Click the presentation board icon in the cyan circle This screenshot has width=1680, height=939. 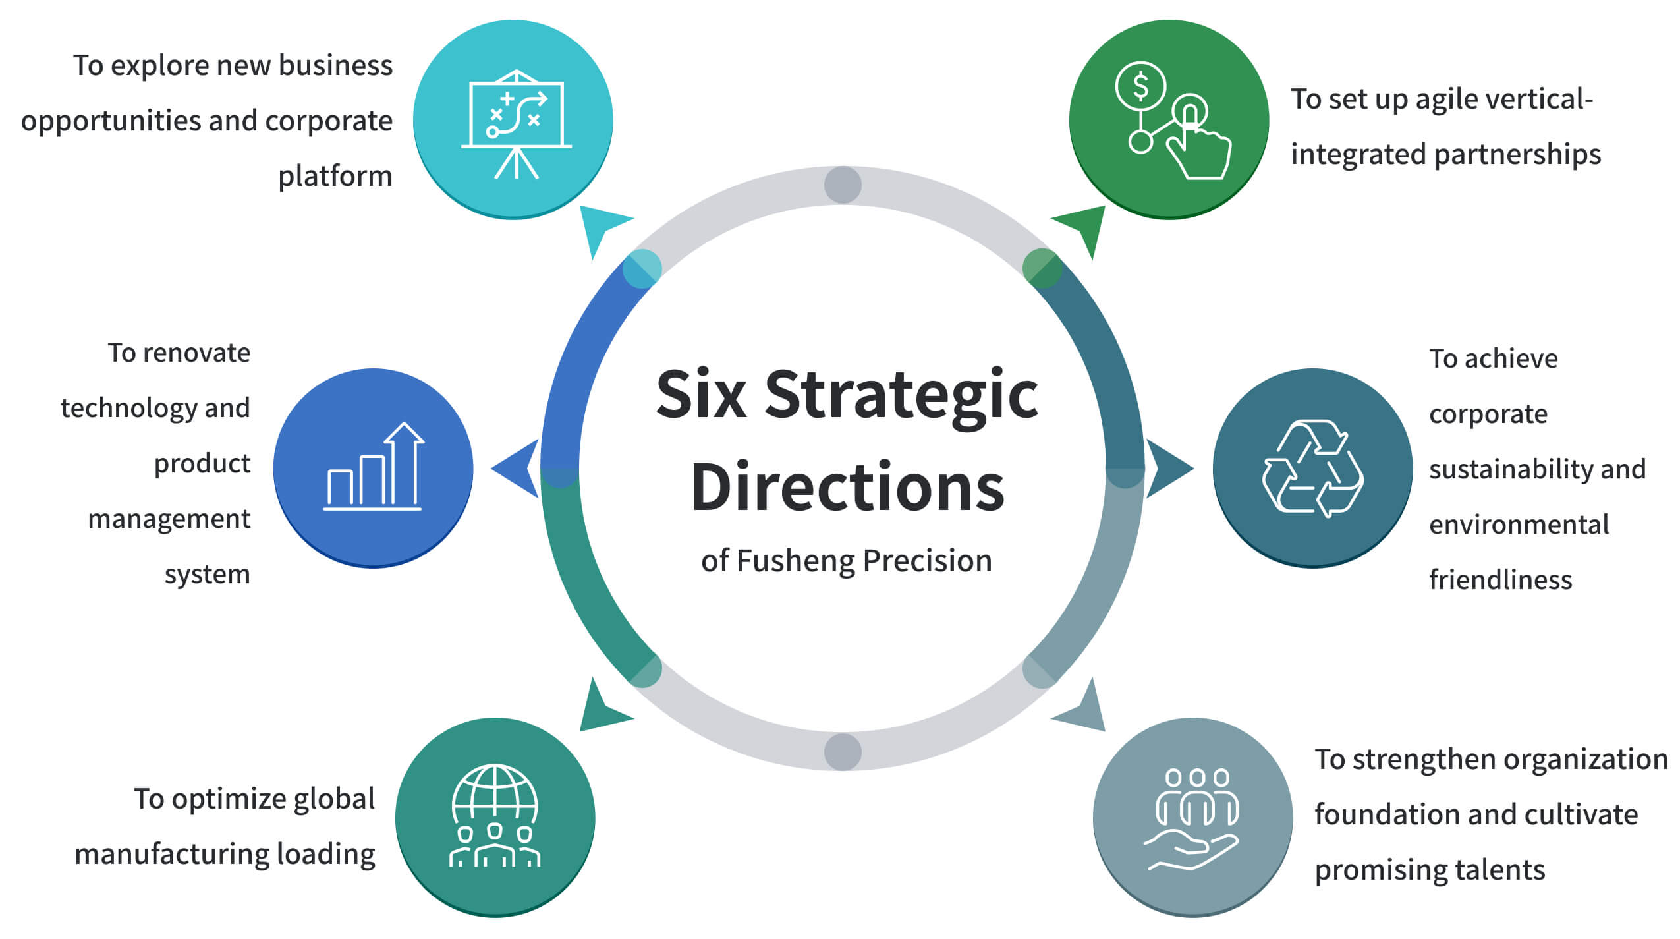(516, 123)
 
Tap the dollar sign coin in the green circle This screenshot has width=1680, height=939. (1140, 86)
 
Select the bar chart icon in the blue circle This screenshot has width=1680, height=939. (374, 467)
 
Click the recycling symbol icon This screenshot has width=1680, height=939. (1312, 467)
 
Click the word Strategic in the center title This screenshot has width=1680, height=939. (901, 395)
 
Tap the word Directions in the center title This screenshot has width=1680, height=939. (847, 488)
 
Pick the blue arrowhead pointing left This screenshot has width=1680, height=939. (517, 468)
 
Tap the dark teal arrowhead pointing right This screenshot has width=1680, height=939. (1167, 468)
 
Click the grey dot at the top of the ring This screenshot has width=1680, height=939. (843, 185)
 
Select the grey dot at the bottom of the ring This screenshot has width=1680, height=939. (843, 751)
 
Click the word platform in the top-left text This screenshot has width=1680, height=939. (335, 177)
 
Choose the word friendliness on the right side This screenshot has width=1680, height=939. (1500, 580)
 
